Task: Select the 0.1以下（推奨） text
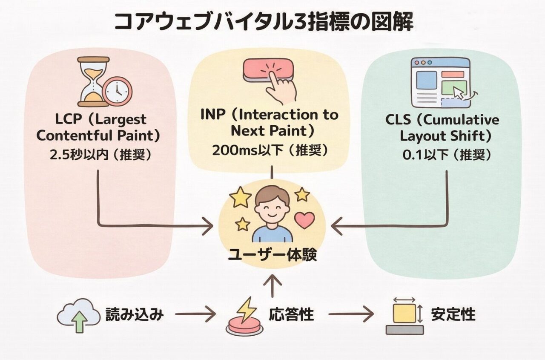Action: click(x=447, y=155)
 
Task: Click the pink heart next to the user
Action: click(x=304, y=220)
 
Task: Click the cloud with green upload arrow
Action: click(x=78, y=314)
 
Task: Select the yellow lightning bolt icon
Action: click(x=246, y=310)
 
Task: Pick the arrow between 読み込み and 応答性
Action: click(x=195, y=315)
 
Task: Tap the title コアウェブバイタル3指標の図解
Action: click(x=264, y=22)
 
